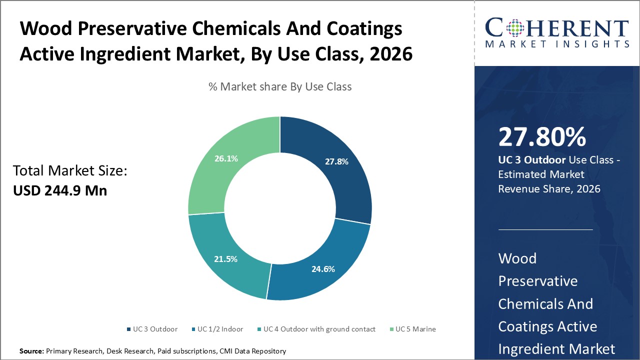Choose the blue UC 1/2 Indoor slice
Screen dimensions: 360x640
(320, 265)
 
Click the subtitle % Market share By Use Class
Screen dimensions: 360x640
(280, 86)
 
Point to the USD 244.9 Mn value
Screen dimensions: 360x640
(60, 190)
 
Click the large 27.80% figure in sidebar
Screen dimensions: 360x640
(542, 137)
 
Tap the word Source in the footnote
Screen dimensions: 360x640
(31, 351)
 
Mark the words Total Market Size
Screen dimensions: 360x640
(70, 171)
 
